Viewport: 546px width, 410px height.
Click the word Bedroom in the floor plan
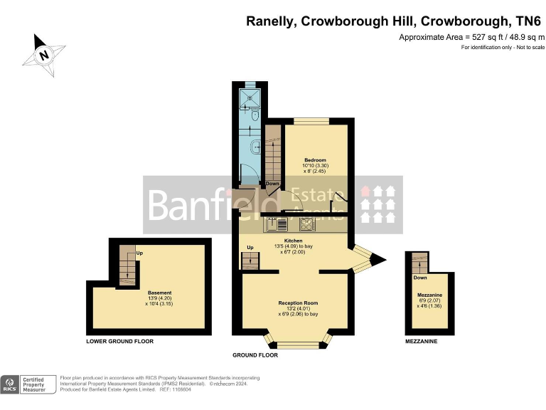pos(315,159)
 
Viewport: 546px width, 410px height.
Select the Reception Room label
pos(297,303)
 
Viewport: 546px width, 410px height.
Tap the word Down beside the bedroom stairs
pos(272,184)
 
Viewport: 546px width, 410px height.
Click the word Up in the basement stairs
pos(139,253)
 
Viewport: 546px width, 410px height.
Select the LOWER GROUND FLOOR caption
pos(119,342)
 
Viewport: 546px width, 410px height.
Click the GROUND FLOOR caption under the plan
pos(255,354)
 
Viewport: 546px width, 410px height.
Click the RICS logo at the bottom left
pos(10,384)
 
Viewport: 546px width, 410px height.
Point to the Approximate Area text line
pos(471,36)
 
